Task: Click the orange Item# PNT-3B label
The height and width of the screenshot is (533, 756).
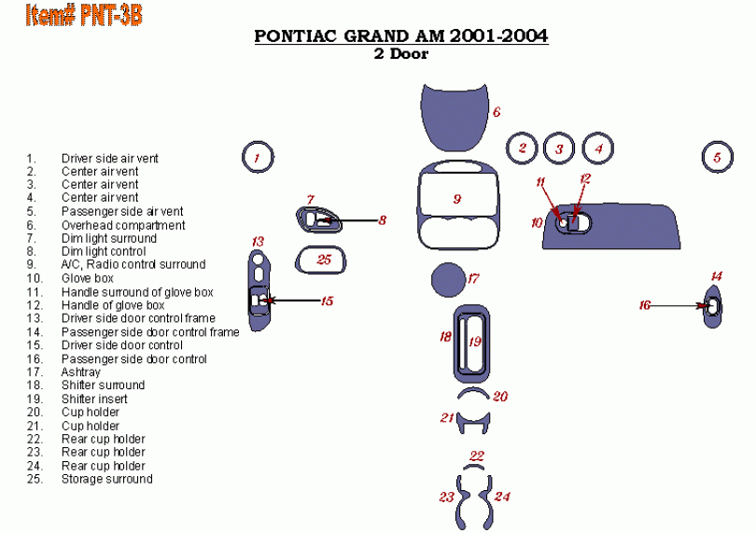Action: click(84, 15)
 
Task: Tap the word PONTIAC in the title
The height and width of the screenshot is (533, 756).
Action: click(295, 36)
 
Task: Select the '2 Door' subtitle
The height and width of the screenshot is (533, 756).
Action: click(401, 53)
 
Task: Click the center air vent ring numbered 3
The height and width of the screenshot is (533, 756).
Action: click(545, 148)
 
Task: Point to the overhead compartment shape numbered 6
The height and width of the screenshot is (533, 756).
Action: click(455, 119)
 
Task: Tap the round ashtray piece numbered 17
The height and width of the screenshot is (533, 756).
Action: click(448, 279)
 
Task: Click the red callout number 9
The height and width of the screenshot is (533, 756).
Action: click(457, 199)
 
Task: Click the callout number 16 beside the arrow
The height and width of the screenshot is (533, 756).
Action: click(645, 305)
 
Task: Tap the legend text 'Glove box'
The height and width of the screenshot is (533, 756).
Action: click(88, 278)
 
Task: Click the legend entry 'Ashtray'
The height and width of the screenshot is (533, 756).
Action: click(80, 372)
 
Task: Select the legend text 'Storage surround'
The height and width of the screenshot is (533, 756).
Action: click(107, 479)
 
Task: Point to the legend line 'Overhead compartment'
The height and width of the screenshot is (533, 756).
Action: click(123, 225)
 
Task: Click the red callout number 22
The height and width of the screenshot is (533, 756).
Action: click(476, 456)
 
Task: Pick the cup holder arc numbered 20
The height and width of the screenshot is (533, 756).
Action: click(473, 390)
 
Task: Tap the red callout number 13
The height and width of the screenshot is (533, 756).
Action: click(258, 242)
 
